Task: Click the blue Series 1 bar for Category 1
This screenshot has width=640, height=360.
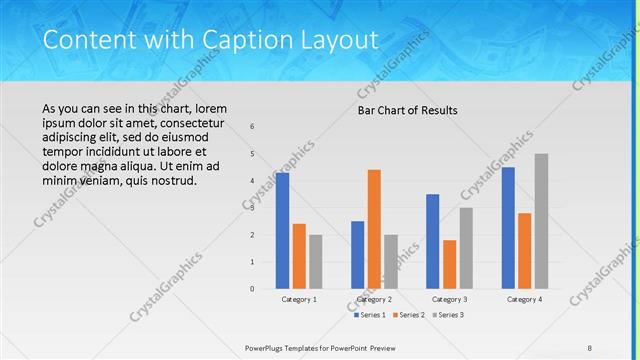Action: (283, 230)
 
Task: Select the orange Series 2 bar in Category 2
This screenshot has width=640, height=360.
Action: (374, 229)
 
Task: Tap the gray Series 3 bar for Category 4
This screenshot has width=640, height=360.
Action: (541, 221)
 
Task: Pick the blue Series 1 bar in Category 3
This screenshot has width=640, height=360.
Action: (433, 241)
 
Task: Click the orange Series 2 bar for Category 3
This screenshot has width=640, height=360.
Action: (449, 264)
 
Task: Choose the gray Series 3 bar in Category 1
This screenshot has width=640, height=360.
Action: (315, 261)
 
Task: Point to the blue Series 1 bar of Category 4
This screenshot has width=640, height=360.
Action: (508, 228)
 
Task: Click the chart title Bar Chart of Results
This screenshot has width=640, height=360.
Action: (408, 110)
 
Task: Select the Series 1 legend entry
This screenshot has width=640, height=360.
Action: (370, 315)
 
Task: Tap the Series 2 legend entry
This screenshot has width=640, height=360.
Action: (407, 315)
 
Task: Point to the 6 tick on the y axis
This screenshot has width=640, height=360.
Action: (252, 127)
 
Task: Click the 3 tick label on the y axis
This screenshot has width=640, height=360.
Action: (252, 208)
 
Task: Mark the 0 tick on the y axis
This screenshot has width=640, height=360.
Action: (252, 289)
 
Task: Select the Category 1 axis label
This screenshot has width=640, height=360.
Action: (299, 299)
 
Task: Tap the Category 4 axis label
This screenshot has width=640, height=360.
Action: (524, 299)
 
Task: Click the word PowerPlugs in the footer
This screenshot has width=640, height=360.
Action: (268, 348)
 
